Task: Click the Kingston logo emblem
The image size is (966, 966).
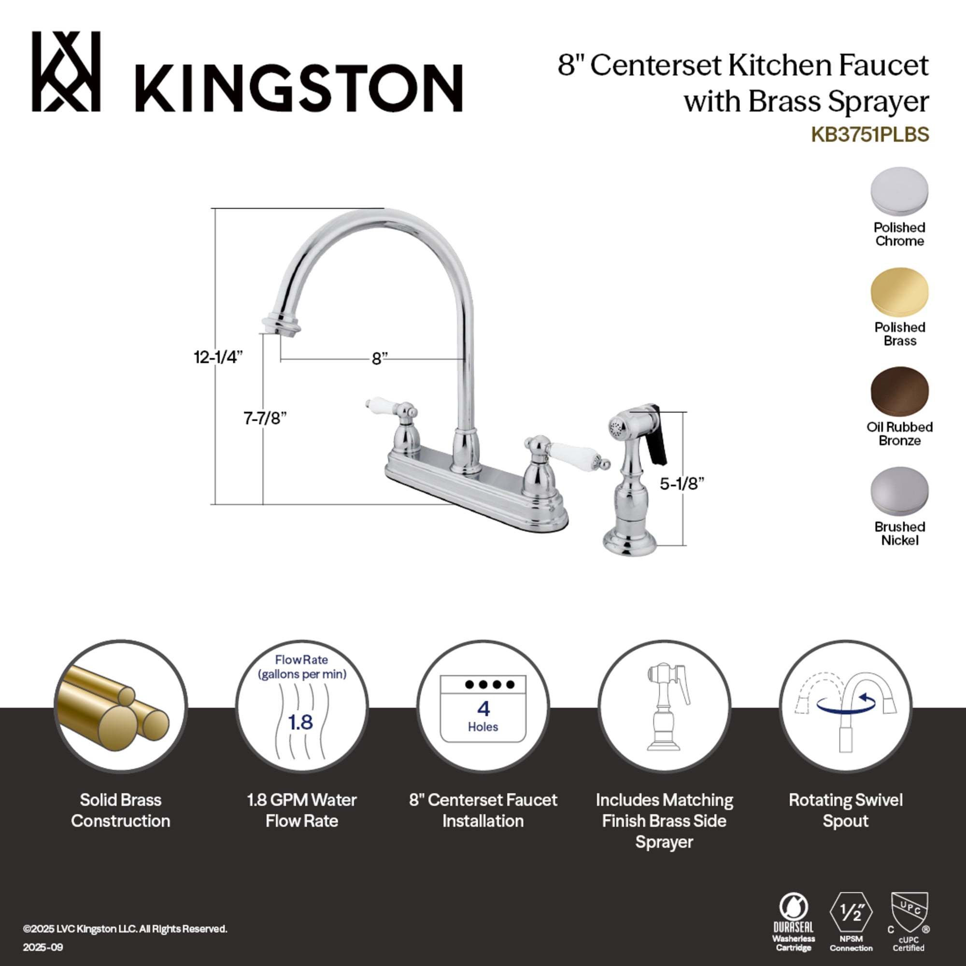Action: pos(66,71)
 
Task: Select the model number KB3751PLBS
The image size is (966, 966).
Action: pos(869,134)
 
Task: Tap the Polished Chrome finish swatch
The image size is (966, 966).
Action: pos(899,191)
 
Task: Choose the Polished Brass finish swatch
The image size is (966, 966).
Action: pos(899,292)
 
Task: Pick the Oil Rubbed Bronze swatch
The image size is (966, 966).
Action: pos(899,392)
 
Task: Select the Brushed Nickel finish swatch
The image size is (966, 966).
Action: pos(899,491)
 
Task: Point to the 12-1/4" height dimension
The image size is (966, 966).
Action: pos(218,357)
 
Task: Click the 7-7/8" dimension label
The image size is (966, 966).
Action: pos(265,417)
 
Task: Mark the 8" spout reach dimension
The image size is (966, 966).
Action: pos(379,358)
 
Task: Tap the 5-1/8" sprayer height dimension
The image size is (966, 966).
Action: pos(682,483)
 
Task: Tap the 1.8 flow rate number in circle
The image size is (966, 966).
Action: pos(300,722)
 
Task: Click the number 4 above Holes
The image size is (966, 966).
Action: pos(483,709)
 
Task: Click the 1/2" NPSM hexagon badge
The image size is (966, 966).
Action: pos(851,913)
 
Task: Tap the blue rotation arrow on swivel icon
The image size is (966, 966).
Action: pos(846,704)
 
